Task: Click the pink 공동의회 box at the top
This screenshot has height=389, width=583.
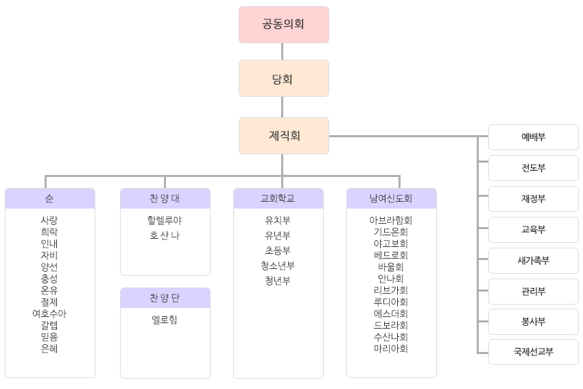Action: coord(283,25)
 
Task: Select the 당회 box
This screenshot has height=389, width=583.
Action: coord(283,78)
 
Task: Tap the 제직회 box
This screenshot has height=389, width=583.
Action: coord(283,136)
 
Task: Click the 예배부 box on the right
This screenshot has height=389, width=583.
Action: coord(533,137)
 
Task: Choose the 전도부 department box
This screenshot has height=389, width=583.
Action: coord(533,168)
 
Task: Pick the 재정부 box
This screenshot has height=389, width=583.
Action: coord(533,199)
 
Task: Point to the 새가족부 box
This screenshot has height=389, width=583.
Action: coord(533,261)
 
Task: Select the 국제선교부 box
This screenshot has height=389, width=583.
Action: coord(533,352)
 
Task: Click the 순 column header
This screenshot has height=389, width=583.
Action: coord(49,199)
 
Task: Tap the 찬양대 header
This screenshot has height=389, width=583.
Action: coord(165,199)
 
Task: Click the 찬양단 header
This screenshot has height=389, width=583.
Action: coord(165,298)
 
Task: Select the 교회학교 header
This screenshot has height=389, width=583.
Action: coord(278,199)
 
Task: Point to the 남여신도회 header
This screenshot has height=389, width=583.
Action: coord(391,199)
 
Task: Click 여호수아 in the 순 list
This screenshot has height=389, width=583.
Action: coord(49,314)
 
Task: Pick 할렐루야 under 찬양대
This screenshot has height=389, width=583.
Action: coord(165,220)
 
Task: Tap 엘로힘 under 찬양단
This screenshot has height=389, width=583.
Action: coord(165,319)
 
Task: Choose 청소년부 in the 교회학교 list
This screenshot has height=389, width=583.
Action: coord(278,266)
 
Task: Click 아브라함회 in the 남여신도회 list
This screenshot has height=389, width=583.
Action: coord(391,220)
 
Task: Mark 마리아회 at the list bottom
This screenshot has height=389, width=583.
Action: coord(391,349)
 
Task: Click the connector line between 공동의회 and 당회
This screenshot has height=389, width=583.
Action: coord(282,51)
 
